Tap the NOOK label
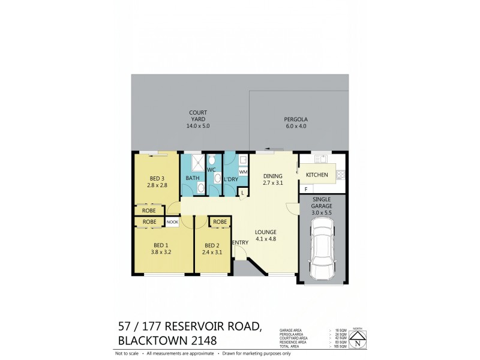[173, 222]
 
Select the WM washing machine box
[243, 172]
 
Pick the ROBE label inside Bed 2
[220, 222]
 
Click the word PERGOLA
[295, 119]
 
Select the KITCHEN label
[317, 175]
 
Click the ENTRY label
[241, 242]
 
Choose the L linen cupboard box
[242, 191]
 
